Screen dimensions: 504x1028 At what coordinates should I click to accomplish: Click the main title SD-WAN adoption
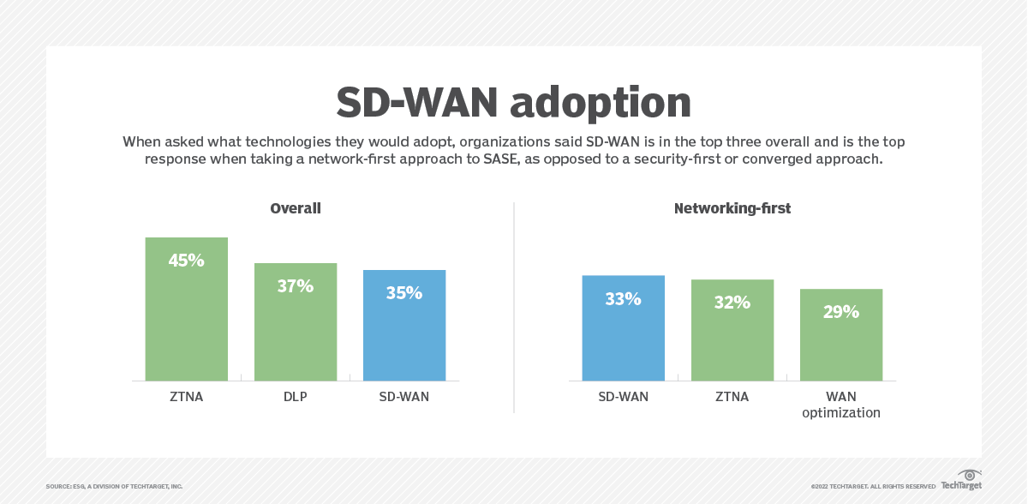513,102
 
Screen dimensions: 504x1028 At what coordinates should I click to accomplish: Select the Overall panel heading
296,208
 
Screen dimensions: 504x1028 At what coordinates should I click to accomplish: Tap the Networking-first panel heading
732,208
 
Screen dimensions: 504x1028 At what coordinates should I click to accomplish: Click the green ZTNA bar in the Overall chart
187,326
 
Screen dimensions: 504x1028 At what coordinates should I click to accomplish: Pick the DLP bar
296,334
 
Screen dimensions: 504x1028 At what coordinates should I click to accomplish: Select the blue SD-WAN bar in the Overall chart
404,339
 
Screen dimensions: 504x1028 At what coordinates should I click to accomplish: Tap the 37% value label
296,286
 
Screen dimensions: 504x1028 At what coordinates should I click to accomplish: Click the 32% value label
732,303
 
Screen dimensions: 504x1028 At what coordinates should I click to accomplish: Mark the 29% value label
841,312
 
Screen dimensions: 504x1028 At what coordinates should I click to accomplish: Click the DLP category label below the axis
296,397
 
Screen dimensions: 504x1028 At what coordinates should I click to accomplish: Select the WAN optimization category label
841,405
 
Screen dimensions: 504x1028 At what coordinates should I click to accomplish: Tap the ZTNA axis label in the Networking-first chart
732,397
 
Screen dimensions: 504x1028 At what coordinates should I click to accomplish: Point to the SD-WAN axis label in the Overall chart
404,397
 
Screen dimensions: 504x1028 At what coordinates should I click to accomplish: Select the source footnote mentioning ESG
114,486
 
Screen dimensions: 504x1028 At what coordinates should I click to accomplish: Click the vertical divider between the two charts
514,309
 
